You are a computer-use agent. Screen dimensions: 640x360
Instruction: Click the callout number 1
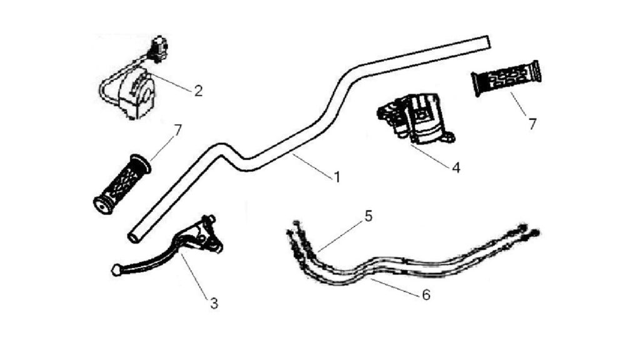coord(337,177)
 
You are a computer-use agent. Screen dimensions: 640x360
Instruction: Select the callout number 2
coord(198,91)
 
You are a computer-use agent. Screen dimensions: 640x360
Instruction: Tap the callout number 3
coord(214,304)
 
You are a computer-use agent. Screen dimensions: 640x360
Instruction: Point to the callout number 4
coord(456,167)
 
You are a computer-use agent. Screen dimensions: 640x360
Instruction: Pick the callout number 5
coord(369,216)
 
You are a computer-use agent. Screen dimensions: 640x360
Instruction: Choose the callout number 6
coord(426,294)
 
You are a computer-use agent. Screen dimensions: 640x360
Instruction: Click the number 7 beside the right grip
coord(532,124)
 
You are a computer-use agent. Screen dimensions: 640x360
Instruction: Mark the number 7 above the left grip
coord(177,131)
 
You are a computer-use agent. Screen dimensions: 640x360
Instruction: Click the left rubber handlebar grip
coord(122,184)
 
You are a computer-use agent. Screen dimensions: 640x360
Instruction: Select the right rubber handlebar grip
coord(506,77)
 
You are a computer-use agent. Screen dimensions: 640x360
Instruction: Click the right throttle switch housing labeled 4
coord(416,118)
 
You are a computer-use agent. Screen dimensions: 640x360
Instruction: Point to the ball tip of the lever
coord(117,270)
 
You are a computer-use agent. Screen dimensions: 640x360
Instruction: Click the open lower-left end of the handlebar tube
coord(134,237)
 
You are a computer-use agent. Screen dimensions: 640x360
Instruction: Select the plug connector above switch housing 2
coord(159,47)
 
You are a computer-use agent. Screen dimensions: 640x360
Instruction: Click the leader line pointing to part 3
coord(196,274)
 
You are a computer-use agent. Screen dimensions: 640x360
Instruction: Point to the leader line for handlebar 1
coord(312,165)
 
